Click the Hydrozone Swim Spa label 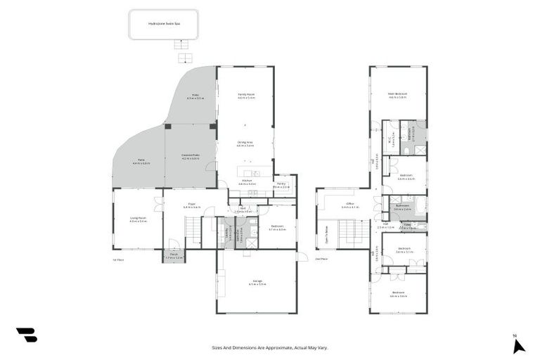(x=164, y=23)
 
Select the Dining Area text (x=245, y=143)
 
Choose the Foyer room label (x=192, y=205)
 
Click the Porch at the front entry (x=174, y=257)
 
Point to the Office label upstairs (x=350, y=205)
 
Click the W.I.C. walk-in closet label (x=391, y=139)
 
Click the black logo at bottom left (x=26, y=335)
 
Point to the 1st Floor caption (x=118, y=260)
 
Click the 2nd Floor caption (x=321, y=260)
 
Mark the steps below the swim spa (x=184, y=56)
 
